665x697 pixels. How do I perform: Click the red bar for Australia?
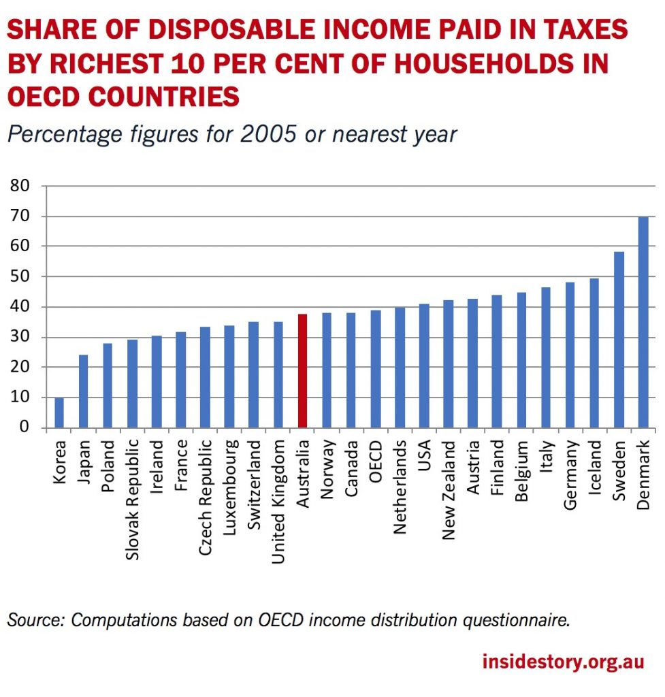[x=302, y=371]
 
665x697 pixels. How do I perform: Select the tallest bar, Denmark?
[x=643, y=323]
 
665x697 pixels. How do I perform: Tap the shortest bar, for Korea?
[x=59, y=412]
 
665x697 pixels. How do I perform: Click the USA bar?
[x=424, y=366]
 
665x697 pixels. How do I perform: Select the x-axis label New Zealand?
[x=449, y=489]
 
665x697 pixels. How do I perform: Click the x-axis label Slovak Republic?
[x=132, y=499]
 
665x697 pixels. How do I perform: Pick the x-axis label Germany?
[x=570, y=475]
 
